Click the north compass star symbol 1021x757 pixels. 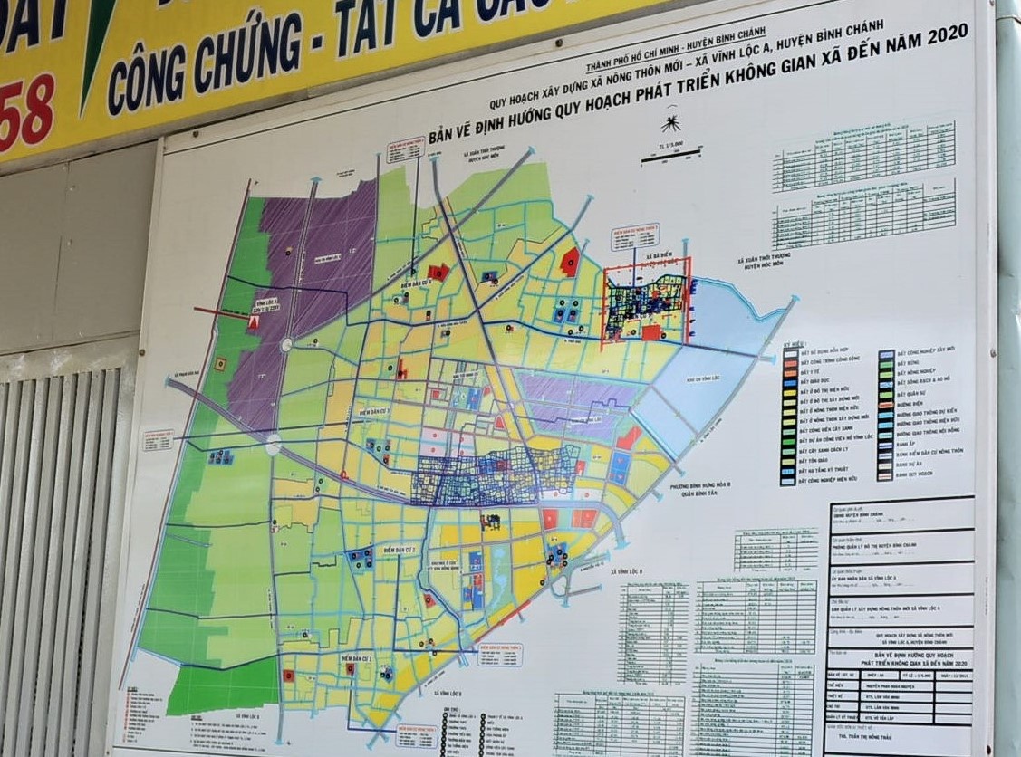click(x=671, y=121)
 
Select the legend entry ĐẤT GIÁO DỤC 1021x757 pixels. click(x=817, y=384)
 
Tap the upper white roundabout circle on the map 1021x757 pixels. click(x=287, y=344)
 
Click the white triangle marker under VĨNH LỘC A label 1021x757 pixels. click(x=255, y=321)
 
